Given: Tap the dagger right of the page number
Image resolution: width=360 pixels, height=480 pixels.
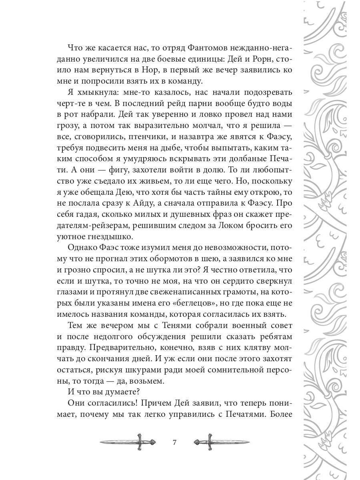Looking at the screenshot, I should click(221, 442).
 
